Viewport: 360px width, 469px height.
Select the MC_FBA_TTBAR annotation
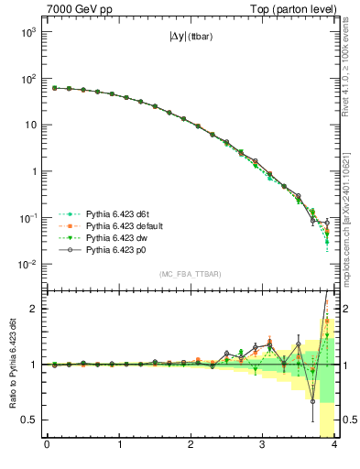(x=191, y=275)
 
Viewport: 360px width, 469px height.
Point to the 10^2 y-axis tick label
(x=28, y=79)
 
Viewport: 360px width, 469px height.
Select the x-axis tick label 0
(x=47, y=446)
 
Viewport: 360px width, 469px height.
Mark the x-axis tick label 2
(x=191, y=446)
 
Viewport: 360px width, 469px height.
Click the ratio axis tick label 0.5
(x=30, y=420)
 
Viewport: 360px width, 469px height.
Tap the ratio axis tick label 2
(x=35, y=309)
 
